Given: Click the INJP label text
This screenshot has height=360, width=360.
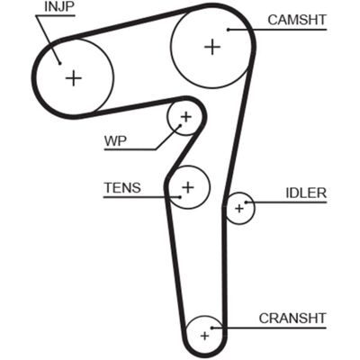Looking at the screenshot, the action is [x=58, y=7].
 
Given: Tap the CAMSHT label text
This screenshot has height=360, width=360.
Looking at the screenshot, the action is [x=297, y=20].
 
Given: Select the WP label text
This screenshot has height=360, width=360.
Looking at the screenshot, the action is [x=115, y=140].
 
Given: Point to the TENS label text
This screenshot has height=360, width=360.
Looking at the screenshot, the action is [x=122, y=188].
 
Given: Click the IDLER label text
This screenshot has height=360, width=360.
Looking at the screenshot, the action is [x=306, y=193].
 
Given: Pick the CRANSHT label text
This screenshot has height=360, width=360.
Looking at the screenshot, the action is [x=292, y=319].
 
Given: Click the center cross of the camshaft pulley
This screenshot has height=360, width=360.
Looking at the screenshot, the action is [x=212, y=47].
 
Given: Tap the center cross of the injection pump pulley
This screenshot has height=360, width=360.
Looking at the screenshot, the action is [x=74, y=78].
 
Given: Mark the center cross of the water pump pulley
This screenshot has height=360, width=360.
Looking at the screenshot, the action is [x=186, y=117].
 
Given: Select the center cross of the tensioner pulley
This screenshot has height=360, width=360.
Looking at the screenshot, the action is [x=188, y=187].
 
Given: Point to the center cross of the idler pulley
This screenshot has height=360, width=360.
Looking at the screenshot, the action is [x=239, y=208].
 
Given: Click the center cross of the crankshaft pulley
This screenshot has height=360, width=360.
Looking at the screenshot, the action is [x=205, y=336].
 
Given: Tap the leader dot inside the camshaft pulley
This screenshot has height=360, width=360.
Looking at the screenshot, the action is [x=228, y=30].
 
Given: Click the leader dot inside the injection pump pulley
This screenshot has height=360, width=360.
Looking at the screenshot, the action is [x=59, y=63].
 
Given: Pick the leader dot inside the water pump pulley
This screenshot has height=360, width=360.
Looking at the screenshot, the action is [x=181, y=125].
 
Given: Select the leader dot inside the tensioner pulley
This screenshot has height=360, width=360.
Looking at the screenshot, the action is [x=180, y=197].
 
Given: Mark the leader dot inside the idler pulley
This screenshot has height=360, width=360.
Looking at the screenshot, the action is [x=246, y=202].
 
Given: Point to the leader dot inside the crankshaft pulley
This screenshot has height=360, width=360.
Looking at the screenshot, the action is [x=211, y=328].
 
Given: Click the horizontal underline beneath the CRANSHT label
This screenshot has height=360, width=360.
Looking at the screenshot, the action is [x=269, y=328].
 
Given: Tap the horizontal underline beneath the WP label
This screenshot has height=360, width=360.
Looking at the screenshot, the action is [x=130, y=149].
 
